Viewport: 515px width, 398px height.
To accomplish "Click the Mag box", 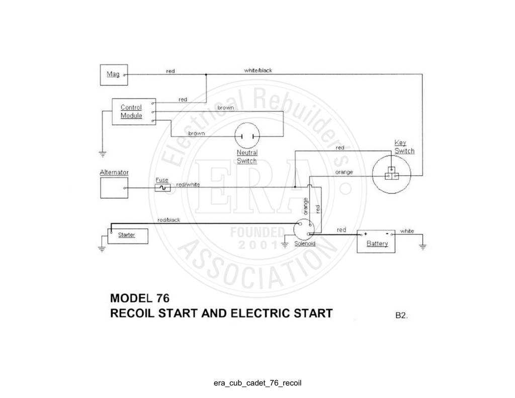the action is pyautogui.click(x=114, y=75).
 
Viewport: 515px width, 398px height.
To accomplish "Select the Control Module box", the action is pyautogui.click(x=134, y=112).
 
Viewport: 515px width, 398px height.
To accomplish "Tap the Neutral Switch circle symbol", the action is pyautogui.click(x=247, y=136).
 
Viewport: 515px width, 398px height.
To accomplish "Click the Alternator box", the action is pyautogui.click(x=114, y=188).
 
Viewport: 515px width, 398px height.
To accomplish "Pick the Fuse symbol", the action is pyautogui.click(x=162, y=188).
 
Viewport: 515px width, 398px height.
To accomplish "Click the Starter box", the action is pyautogui.click(x=128, y=236).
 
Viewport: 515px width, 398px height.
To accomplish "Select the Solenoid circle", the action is pyautogui.click(x=304, y=229).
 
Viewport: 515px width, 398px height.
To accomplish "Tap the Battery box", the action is pyautogui.click(x=376, y=242).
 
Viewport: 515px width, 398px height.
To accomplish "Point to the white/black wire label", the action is pyautogui.click(x=258, y=70).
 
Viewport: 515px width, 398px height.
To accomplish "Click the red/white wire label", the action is pyautogui.click(x=188, y=184).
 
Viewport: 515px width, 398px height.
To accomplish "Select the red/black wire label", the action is pyautogui.click(x=168, y=220).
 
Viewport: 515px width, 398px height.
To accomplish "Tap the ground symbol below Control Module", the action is pyautogui.click(x=103, y=153).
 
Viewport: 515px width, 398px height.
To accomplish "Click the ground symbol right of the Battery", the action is pyautogui.click(x=422, y=247).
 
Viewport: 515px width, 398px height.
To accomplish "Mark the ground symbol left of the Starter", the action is pyautogui.click(x=102, y=249).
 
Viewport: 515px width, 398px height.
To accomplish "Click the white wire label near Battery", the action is pyautogui.click(x=407, y=231).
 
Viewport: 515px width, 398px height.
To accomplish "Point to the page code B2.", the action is pyautogui.click(x=401, y=315).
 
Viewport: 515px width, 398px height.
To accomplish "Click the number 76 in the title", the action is pyautogui.click(x=163, y=298).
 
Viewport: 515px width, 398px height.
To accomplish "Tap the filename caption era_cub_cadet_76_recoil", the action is pyautogui.click(x=257, y=383).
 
